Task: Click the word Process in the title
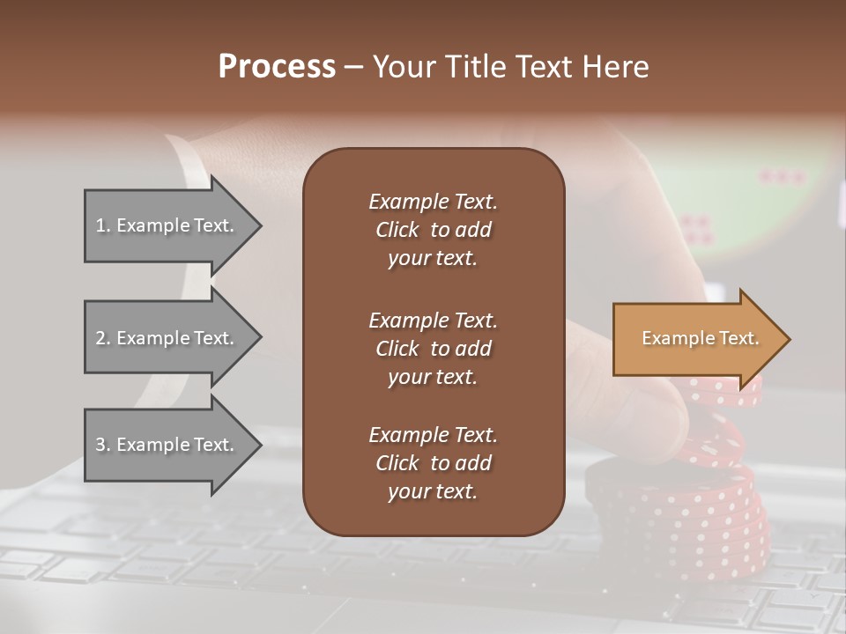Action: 277,67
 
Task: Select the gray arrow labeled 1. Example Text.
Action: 167,225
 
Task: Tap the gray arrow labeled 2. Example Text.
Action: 167,338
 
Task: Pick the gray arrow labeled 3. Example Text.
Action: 167,445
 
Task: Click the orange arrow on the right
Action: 696,339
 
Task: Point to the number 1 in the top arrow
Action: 100,225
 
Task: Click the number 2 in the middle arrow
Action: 100,338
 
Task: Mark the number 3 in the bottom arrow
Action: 100,445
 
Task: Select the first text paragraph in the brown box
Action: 433,230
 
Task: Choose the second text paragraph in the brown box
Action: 433,349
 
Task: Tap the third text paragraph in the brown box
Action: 433,463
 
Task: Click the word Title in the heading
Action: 475,67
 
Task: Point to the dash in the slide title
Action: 353,67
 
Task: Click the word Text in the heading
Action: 546,67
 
